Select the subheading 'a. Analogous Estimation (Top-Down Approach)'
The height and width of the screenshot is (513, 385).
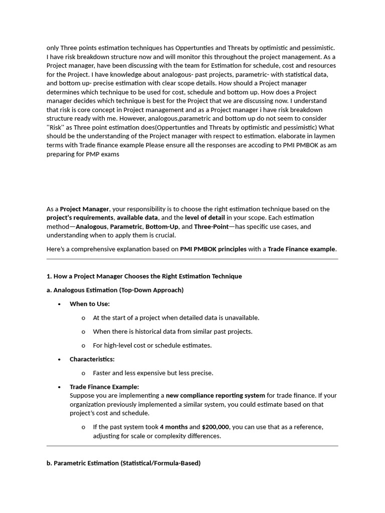[x=115, y=290]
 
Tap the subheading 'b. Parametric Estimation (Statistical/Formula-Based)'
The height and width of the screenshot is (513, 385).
[x=123, y=463]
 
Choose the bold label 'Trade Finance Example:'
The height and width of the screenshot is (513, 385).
[x=104, y=387]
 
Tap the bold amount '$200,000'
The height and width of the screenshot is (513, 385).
[x=216, y=427]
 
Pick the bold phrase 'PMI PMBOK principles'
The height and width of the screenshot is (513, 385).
[x=213, y=249]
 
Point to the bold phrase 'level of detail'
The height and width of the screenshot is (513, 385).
[x=205, y=217]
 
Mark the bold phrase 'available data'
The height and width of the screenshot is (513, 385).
[x=137, y=217]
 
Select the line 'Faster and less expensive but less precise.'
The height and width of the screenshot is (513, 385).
[x=153, y=373]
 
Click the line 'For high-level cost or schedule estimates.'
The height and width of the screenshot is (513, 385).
[x=152, y=345]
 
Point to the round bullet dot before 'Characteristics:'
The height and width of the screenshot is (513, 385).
[x=60, y=360]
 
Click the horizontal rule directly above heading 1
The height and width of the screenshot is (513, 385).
[x=192, y=259]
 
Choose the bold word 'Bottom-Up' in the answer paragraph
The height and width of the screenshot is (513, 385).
[x=162, y=226]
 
